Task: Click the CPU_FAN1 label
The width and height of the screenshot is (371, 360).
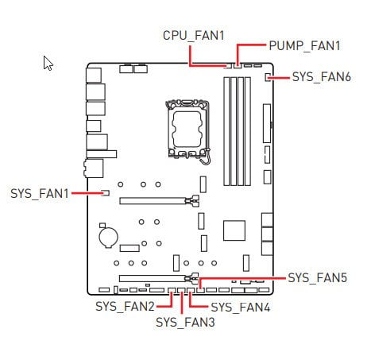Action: pyautogui.click(x=194, y=36)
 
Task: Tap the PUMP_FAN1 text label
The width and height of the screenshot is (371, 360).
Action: pyautogui.click(x=304, y=45)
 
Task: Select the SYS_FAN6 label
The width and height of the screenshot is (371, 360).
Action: pyautogui.click(x=322, y=77)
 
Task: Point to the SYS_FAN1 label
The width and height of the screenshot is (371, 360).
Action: pyautogui.click(x=40, y=194)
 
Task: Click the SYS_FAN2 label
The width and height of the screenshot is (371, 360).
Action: pyautogui.click(x=125, y=307)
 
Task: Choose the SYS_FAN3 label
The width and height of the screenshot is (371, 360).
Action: pyautogui.click(x=185, y=323)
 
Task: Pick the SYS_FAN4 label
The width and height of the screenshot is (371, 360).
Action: pyautogui.click(x=241, y=308)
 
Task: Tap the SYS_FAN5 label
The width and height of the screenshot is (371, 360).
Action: pyautogui.click(x=317, y=278)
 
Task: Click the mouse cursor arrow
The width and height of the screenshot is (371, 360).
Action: pyautogui.click(x=48, y=63)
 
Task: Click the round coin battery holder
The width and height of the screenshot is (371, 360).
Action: pyautogui.click(x=108, y=236)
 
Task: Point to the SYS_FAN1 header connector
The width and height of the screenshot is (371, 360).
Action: pyautogui.click(x=106, y=193)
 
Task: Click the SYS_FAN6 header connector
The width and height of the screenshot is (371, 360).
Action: pyautogui.click(x=268, y=77)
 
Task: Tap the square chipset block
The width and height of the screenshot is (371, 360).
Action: pyautogui.click(x=234, y=230)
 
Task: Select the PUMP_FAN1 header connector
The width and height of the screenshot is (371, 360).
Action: pyautogui.click(x=238, y=65)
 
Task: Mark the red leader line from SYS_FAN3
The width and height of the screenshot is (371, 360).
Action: pyautogui.click(x=182, y=303)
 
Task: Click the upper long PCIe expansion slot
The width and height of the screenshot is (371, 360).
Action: pyautogui.click(x=159, y=200)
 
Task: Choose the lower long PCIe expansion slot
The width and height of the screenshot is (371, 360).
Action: pyautogui.click(x=159, y=278)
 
